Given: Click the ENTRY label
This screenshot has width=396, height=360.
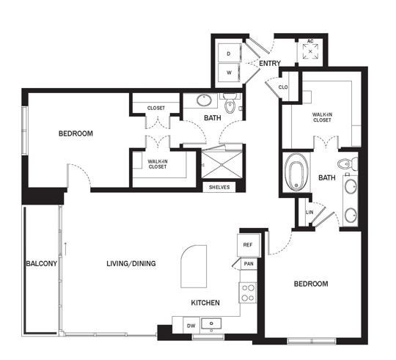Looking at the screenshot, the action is (270, 63).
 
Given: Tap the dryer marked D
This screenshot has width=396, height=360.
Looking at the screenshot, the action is (230, 53).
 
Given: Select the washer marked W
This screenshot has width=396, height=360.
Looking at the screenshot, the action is (229, 73).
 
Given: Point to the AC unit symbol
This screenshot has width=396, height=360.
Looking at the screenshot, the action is (310, 51).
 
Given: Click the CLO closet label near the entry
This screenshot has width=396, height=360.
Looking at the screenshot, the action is (283, 87).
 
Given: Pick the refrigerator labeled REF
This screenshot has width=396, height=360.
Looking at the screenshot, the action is (249, 245).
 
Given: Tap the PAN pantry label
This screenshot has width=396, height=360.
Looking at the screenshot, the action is (249, 264).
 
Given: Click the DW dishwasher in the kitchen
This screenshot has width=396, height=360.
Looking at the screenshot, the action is (191, 325).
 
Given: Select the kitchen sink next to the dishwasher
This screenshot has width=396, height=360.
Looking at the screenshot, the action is (211, 323).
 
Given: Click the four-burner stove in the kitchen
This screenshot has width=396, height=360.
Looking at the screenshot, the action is (248, 293).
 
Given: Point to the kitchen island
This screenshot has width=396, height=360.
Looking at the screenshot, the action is (194, 266).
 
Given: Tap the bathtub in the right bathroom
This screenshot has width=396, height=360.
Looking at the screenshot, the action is (296, 172).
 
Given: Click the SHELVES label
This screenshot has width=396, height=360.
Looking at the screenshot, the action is (219, 187).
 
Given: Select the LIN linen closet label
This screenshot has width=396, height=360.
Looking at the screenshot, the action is (309, 213).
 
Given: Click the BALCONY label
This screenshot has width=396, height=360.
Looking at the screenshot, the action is (42, 263).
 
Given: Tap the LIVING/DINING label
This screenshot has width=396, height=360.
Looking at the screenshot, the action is (131, 263).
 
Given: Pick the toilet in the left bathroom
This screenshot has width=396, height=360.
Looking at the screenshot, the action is (230, 103).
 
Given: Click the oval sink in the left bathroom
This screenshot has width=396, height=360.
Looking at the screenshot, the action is (204, 100).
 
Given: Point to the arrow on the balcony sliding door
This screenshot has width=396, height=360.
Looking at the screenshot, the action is (65, 249).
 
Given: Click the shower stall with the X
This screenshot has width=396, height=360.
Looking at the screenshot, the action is (221, 164).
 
